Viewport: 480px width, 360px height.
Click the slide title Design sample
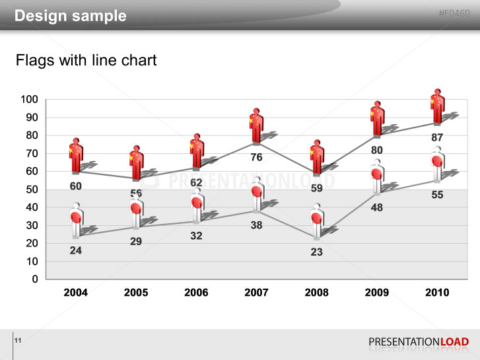71,16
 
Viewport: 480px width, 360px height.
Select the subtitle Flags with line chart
86,61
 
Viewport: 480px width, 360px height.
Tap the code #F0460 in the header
454,14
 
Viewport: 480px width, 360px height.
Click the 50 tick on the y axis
32,190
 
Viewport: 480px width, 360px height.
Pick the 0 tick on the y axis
34,279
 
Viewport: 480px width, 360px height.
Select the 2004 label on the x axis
76,293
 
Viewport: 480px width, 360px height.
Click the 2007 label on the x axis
256,293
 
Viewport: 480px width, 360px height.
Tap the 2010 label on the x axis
437,293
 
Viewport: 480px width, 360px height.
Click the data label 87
437,137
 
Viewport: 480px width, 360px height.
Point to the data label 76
256,157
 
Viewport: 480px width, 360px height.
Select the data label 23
316,252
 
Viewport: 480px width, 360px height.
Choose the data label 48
376,207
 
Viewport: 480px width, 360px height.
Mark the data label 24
76,250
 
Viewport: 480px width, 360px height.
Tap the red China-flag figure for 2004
76,156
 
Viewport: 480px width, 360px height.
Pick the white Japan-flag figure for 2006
197,205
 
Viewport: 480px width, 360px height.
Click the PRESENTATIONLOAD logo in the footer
419,342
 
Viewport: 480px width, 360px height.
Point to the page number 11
18,340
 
